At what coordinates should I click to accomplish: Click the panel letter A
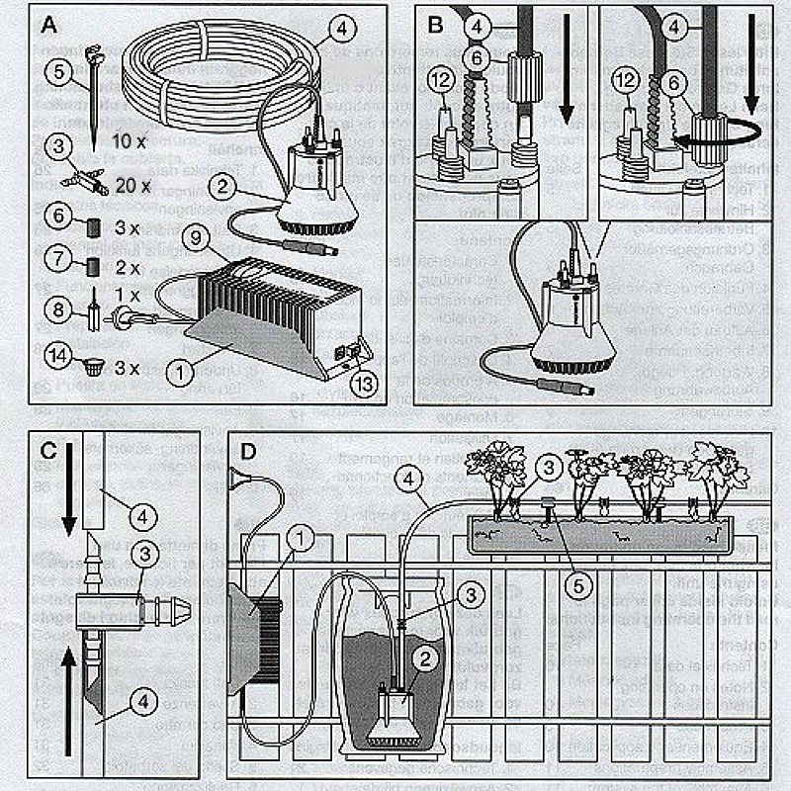pyautogui.click(x=47, y=24)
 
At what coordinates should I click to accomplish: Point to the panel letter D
pyautogui.click(x=249, y=450)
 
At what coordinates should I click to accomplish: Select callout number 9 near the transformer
pyautogui.click(x=194, y=237)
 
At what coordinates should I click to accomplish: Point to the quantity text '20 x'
pyautogui.click(x=132, y=185)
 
